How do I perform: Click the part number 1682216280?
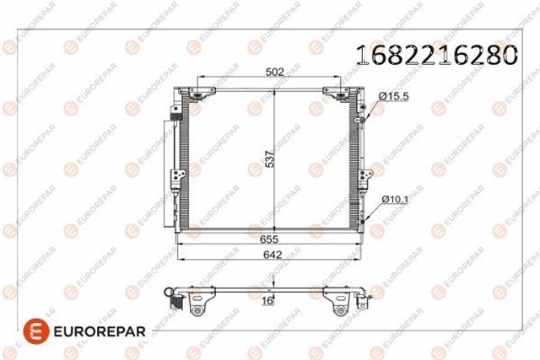coord(436,55)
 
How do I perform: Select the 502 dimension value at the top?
coord(275,72)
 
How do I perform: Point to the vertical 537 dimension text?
coord(270,159)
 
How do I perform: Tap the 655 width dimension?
coord(268,239)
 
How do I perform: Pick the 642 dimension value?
coord(273,255)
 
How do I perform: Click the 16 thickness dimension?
coord(267,300)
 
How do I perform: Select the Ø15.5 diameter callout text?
coord(394,96)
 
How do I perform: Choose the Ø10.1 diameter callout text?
coord(395,199)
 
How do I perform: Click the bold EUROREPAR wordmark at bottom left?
coord(100,331)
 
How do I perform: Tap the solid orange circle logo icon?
coord(36,331)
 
